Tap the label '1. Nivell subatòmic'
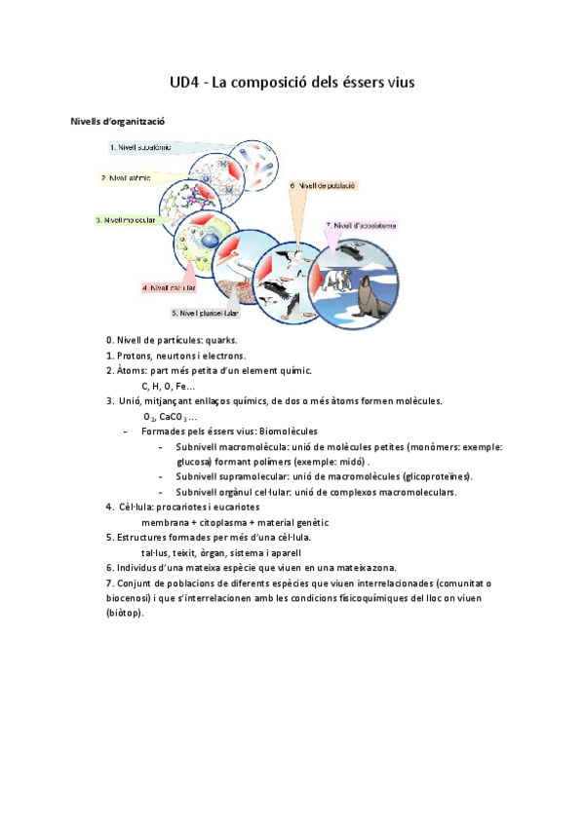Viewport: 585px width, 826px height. (x=142, y=148)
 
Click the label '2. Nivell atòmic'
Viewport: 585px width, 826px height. (x=129, y=178)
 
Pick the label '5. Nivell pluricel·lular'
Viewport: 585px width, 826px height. (x=205, y=314)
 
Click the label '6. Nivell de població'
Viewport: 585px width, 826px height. (x=323, y=184)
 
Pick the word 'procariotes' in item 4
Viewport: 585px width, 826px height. (x=204, y=507)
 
